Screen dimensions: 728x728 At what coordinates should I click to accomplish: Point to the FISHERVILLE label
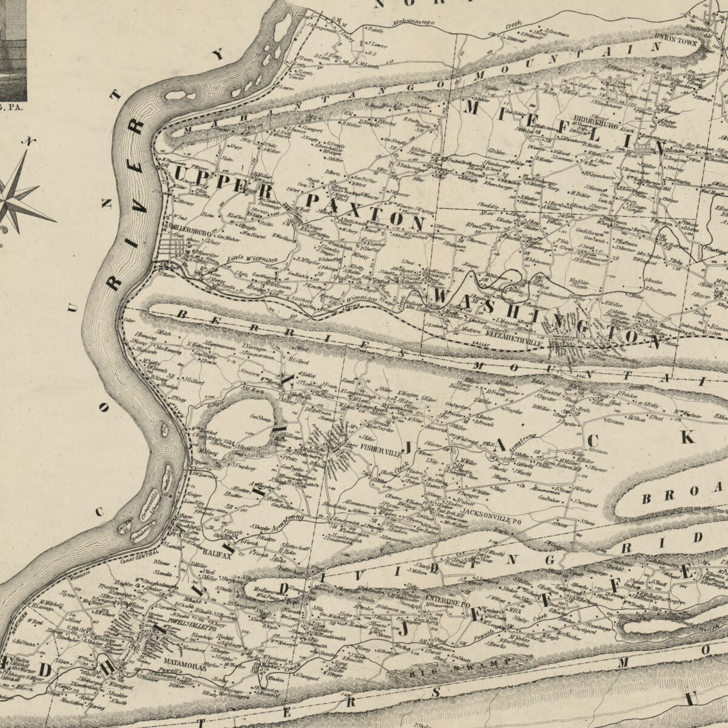coord(377,451)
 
